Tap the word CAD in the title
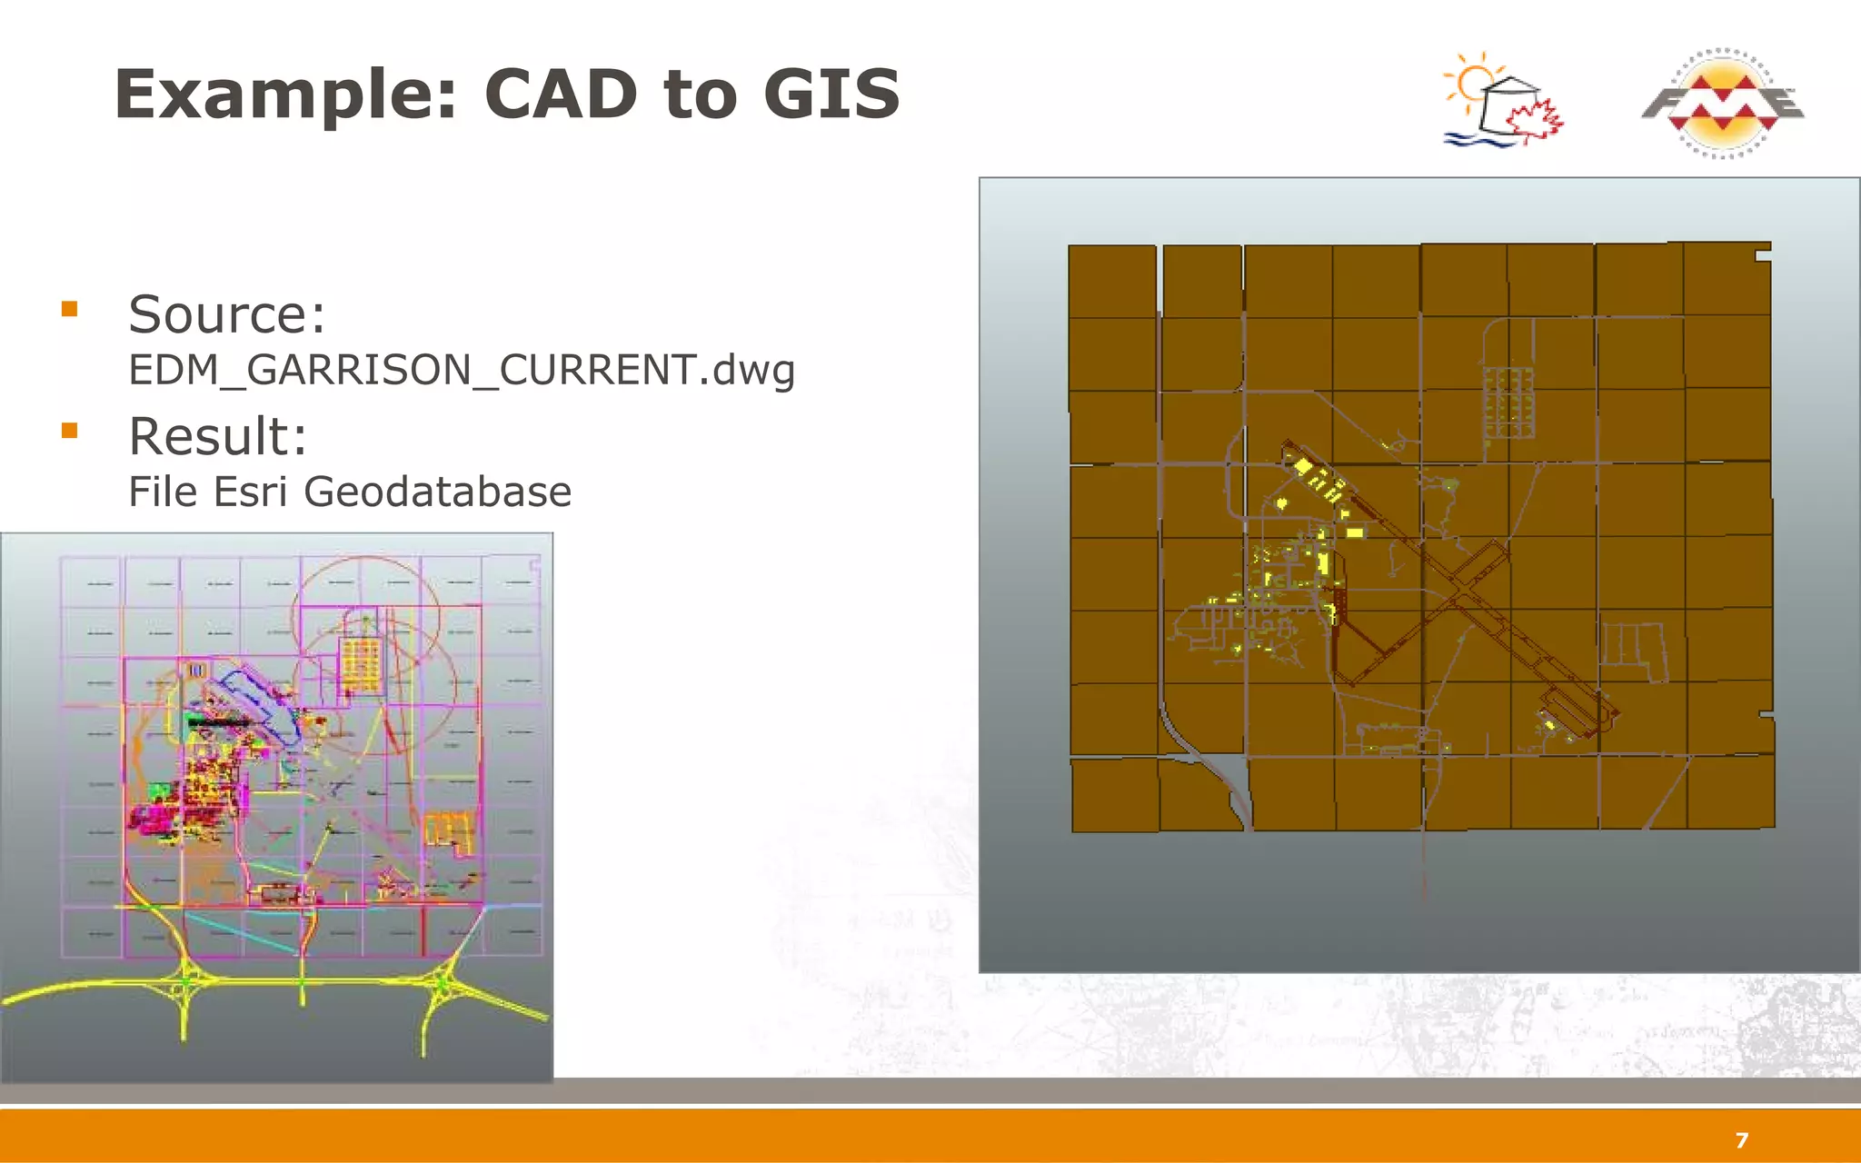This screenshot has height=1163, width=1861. click(561, 94)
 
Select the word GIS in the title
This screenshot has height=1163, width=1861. click(831, 94)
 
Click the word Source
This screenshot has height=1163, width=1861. click(226, 314)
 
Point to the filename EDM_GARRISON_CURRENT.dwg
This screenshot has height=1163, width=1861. click(462, 370)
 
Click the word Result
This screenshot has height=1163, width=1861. click(218, 436)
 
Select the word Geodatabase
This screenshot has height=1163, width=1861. click(437, 492)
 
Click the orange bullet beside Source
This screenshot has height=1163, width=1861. click(70, 309)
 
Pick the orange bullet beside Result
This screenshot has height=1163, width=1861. click(70, 431)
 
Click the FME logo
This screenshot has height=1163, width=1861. click(1722, 103)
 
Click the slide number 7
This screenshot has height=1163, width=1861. click(1741, 1140)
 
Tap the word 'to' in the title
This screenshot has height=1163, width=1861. click(700, 94)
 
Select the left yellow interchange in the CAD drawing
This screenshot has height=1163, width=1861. click(186, 981)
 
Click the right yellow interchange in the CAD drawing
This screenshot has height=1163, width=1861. click(443, 983)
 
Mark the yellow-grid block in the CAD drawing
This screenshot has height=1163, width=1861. click(361, 662)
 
